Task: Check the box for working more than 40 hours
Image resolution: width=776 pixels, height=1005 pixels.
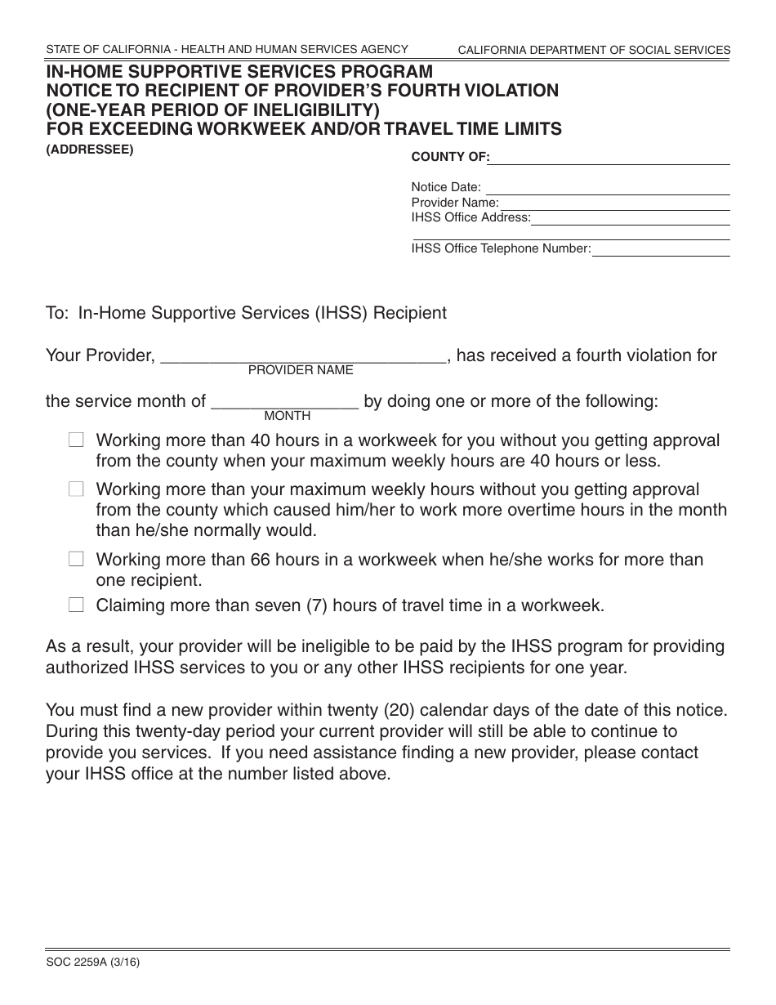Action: (76, 440)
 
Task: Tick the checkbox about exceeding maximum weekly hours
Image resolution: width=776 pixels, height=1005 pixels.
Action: (76, 489)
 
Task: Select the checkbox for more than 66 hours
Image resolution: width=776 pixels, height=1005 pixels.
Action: (76, 560)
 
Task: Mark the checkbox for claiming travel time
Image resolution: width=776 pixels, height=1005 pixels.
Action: (76, 605)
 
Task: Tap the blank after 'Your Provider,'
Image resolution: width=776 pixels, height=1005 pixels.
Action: (303, 356)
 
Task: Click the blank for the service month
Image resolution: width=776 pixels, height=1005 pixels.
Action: (285, 402)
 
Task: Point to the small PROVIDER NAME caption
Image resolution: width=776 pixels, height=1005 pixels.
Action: (301, 370)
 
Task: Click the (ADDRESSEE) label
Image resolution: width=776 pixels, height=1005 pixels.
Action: (90, 149)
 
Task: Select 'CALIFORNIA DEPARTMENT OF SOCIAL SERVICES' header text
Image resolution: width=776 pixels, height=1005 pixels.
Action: (594, 51)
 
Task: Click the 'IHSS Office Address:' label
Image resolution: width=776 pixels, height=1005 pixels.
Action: (471, 217)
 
